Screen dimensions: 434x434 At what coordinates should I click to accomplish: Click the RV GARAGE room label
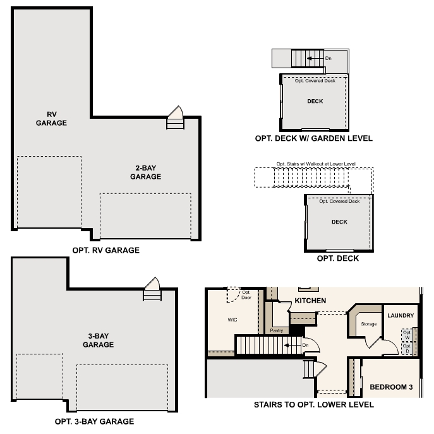tap(52, 119)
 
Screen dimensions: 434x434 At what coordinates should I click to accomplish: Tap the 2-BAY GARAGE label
tap(145, 172)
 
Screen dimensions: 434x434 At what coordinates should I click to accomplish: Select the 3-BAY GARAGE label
tap(98, 341)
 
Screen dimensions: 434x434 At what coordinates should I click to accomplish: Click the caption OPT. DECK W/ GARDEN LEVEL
tap(313, 138)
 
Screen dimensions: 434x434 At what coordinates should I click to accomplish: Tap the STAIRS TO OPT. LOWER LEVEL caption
tap(313, 404)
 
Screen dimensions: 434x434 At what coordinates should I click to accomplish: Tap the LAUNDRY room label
tap(401, 315)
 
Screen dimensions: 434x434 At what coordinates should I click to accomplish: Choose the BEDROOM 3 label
tap(391, 387)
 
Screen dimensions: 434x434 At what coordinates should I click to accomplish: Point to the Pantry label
tap(276, 330)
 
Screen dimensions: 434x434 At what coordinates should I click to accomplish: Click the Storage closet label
tap(369, 324)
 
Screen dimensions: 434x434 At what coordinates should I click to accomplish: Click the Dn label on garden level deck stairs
tap(329, 59)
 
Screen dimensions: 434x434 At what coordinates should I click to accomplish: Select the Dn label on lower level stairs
tap(305, 345)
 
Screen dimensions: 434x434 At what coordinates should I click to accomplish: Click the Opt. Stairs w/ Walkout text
tap(316, 164)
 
